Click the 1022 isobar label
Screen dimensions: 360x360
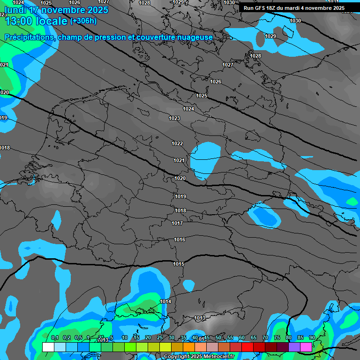pos(177,143)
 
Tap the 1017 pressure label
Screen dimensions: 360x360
pos(177,223)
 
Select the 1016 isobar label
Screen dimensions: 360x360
pos(180,240)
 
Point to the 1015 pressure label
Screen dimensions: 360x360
pos(178,264)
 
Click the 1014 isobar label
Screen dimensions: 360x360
pos(165,301)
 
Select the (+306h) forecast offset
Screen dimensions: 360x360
pos(83,21)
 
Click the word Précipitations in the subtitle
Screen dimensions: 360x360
pos(30,37)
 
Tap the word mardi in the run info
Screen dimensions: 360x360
pos(300,8)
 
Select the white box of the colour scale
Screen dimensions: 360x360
pos(48,347)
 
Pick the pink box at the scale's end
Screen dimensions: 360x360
pos(306,347)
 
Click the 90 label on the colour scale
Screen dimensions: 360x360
pos(312,337)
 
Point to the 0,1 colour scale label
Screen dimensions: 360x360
pos(54,337)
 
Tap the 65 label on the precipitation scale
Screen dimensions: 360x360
pos(254,337)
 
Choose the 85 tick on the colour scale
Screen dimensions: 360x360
pos(300,337)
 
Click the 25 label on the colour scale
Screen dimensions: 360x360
pos(160,337)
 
